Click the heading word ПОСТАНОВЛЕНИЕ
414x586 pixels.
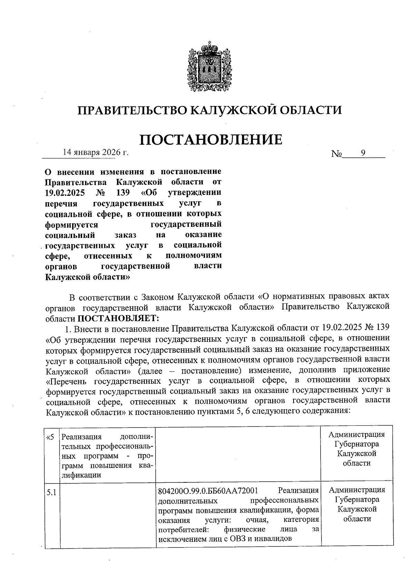211,140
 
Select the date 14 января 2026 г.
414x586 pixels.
96,152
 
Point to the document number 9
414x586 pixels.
363,153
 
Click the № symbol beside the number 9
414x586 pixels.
336,154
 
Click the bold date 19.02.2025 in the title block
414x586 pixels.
65,192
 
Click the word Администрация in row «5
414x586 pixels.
356,434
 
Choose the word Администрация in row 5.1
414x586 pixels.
357,490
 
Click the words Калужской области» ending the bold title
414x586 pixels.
88,277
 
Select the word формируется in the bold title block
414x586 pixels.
72,225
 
